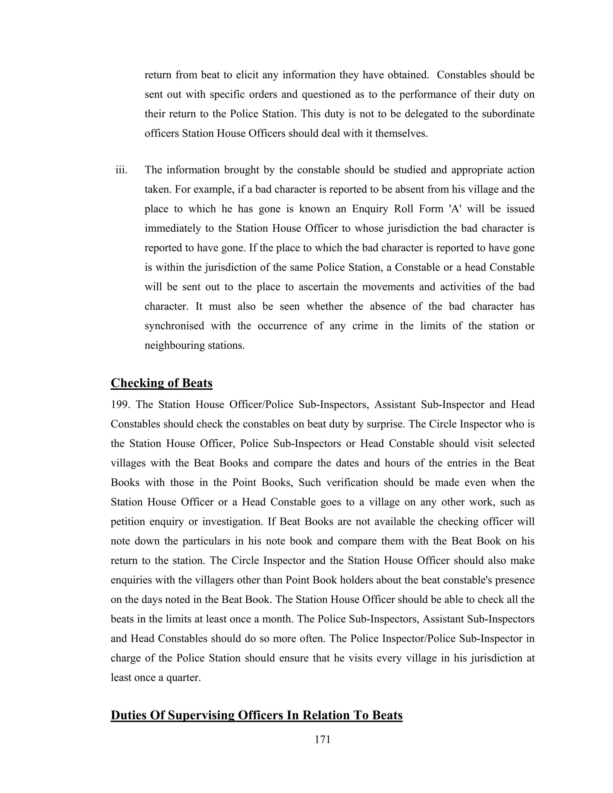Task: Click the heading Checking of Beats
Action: (x=161, y=383)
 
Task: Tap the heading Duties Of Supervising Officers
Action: (x=257, y=715)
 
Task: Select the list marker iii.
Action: (x=121, y=170)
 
